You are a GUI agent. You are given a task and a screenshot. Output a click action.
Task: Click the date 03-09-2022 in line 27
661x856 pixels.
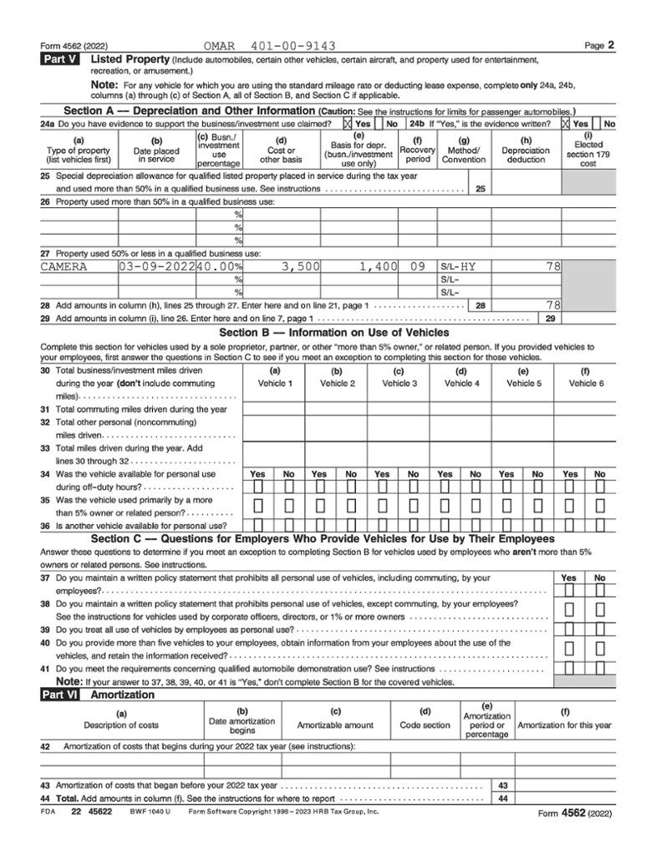click(x=156, y=267)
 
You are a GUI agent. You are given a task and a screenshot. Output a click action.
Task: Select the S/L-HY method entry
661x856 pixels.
click(x=457, y=267)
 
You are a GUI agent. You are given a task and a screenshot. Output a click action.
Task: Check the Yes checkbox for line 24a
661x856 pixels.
click(x=348, y=124)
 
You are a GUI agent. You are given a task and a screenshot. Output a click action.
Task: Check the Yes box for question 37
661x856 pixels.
click(x=568, y=591)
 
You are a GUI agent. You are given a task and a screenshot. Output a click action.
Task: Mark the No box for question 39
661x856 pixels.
click(x=599, y=629)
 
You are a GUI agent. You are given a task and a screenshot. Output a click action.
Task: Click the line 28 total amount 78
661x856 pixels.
click(x=552, y=305)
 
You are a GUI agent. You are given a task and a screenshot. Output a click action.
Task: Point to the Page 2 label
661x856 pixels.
click(x=599, y=45)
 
